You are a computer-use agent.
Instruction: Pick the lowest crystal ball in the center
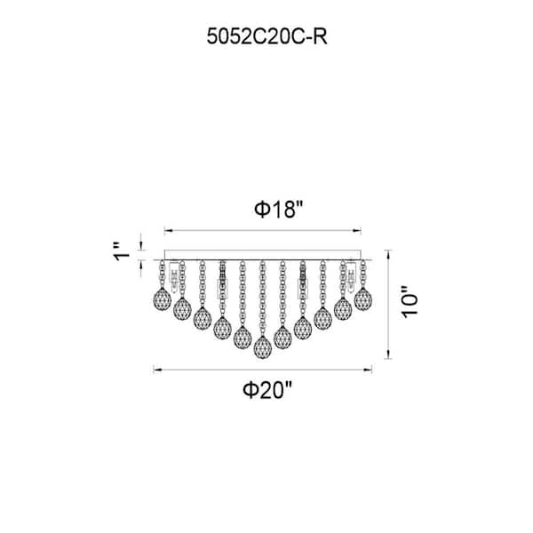[262, 347]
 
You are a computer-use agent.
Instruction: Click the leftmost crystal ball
[162, 299]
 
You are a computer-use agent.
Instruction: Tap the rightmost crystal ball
[362, 299]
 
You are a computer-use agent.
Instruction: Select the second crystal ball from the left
[182, 308]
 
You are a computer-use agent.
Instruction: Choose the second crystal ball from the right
[343, 308]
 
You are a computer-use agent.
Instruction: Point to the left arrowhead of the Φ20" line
[156, 367]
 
